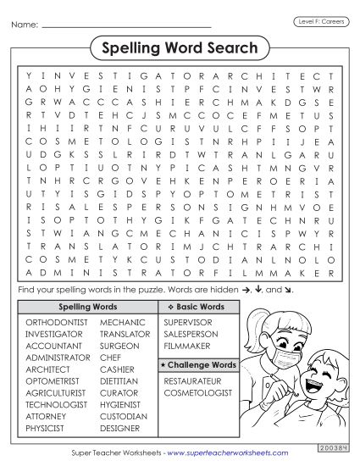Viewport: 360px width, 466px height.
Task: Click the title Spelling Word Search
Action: pyautogui.click(x=180, y=49)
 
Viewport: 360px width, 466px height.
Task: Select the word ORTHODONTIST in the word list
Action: pyautogui.click(x=56, y=323)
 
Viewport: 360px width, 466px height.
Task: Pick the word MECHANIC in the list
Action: pyautogui.click(x=122, y=323)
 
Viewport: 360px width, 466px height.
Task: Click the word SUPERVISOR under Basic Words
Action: pyautogui.click(x=189, y=323)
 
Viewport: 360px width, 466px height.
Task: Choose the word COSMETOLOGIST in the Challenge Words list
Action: pyautogui.click(x=198, y=393)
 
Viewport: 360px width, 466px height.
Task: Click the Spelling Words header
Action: pyautogui.click(x=87, y=306)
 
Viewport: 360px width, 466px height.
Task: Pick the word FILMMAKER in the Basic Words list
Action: pyautogui.click(x=187, y=347)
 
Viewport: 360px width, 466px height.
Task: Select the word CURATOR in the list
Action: pyautogui.click(x=119, y=393)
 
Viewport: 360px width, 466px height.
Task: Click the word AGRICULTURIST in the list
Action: pyautogui.click(x=57, y=393)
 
